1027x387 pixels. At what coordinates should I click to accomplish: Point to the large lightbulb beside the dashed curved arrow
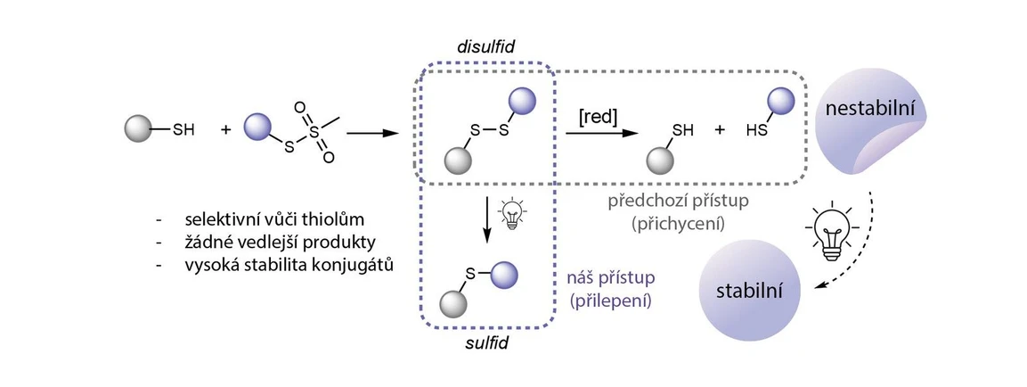point(830,231)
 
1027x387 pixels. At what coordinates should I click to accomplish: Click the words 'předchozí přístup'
point(679,201)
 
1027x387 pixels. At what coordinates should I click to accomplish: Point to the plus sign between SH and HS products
point(719,131)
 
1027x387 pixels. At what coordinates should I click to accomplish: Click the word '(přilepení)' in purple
point(610,301)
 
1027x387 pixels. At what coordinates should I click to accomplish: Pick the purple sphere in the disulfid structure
point(520,101)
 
